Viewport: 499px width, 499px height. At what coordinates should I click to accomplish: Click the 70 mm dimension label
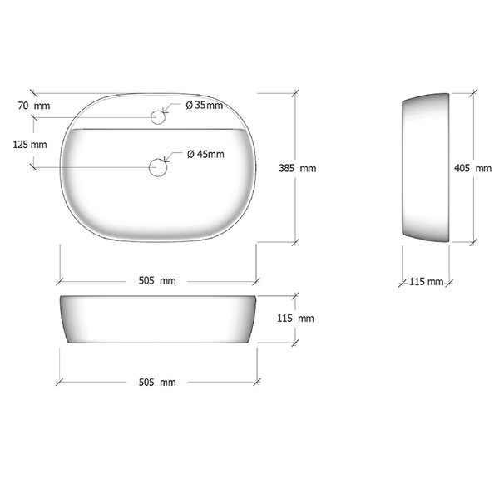pos(34,106)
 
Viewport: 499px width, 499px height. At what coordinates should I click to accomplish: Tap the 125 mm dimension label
pos(30,145)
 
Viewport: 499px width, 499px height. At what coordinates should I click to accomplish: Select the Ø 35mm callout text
pos(205,105)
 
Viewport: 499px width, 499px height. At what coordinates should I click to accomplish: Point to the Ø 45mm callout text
pos(205,155)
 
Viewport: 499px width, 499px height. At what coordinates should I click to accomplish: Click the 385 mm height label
pos(298,168)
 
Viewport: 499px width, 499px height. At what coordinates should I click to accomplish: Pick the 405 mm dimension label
pos(473,168)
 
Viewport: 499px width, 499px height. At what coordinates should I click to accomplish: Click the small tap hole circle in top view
pos(158,117)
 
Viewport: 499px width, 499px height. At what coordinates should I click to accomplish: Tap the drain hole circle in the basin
pos(158,167)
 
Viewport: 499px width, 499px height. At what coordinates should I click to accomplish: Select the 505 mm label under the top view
pos(157,281)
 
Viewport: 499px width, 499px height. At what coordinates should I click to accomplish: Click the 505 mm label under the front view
pos(157,383)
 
